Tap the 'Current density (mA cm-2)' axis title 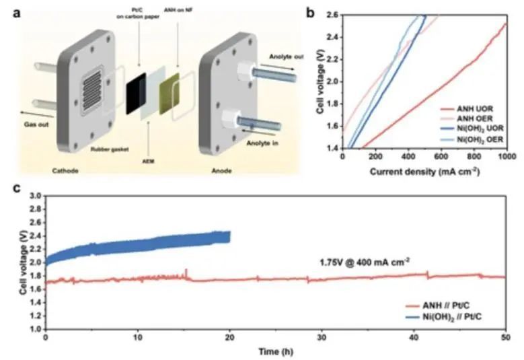(424, 172)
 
